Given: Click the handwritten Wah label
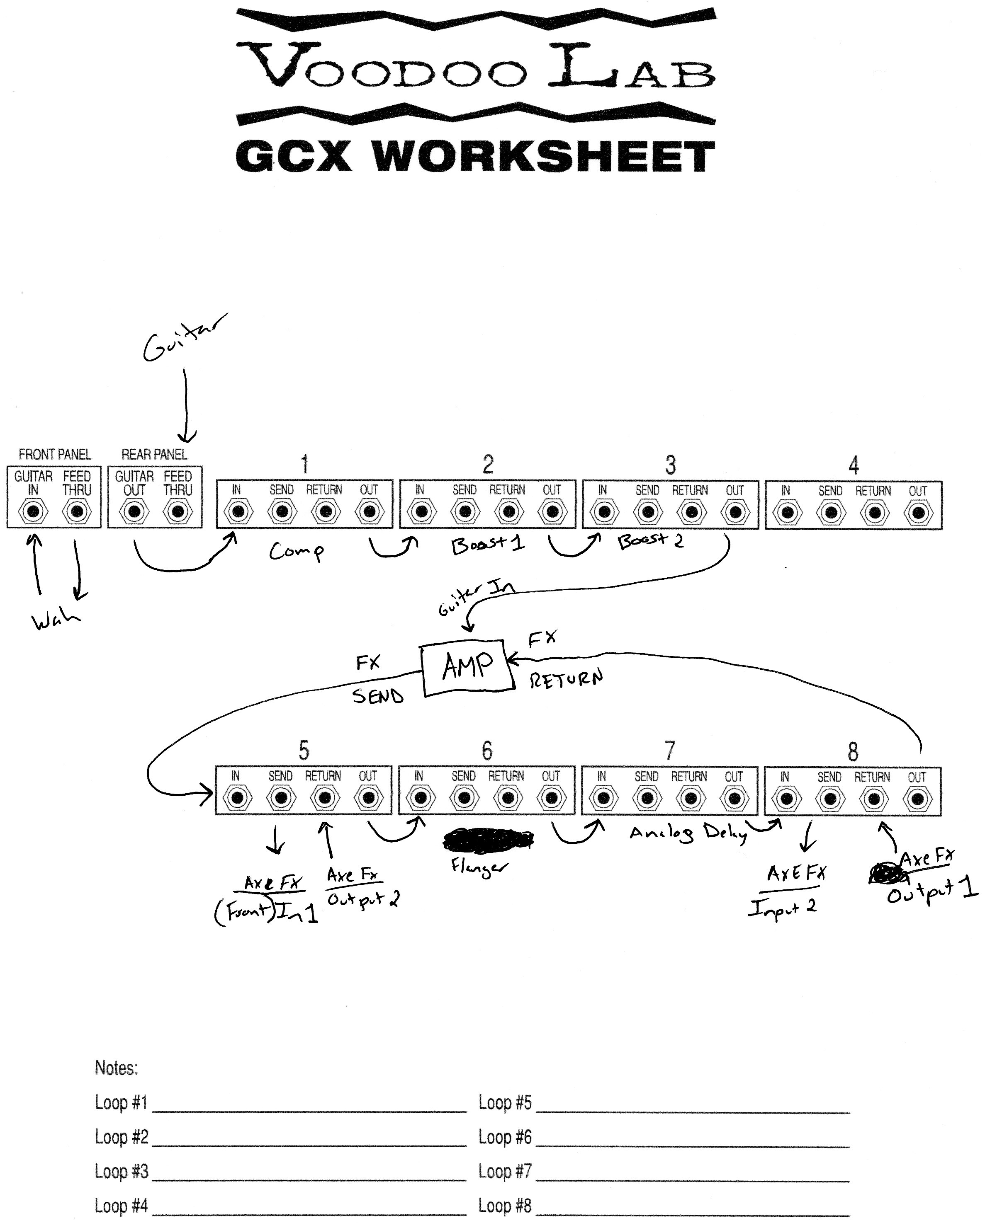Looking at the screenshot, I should coord(56,620).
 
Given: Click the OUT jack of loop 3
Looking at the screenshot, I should coord(734,513).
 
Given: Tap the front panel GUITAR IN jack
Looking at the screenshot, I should coord(33,512).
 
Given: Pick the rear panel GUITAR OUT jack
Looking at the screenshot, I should coord(134,512).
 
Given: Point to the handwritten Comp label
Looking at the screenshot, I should coord(296,551).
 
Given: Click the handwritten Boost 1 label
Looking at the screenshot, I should coord(487,545).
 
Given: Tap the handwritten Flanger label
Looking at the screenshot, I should coord(478,866).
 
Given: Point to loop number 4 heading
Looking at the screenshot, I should coord(853,465).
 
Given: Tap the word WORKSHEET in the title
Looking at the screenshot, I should coord(544,157).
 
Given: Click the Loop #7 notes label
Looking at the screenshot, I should coord(505,1171).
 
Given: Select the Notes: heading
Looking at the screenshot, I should coord(117,1068).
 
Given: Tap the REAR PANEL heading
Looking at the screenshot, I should coord(154,454).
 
